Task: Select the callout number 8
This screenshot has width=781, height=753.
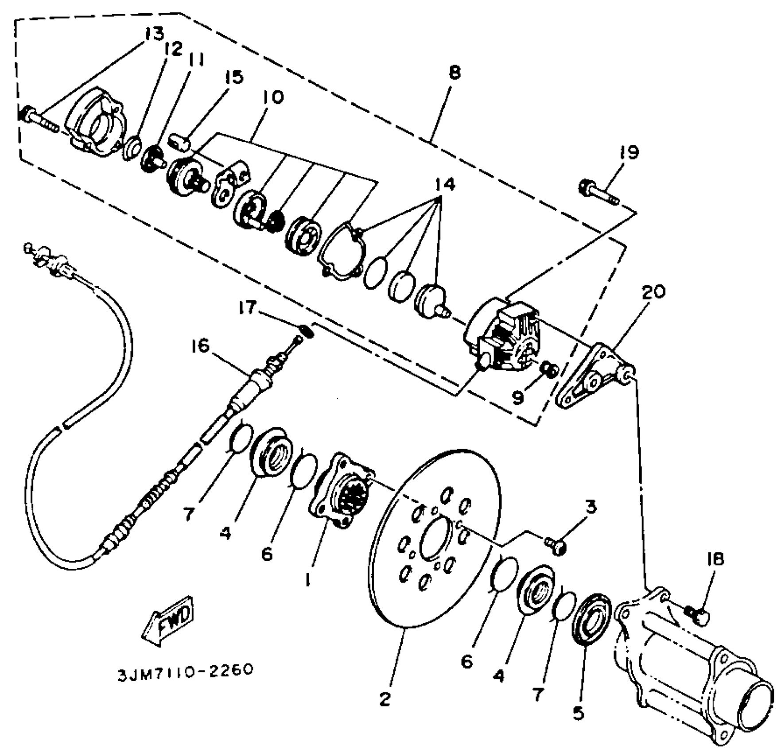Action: [x=455, y=73]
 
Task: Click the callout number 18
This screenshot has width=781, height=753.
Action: [x=715, y=559]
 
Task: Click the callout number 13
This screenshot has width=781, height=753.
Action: [x=154, y=34]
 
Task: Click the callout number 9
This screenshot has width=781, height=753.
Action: [x=517, y=397]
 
